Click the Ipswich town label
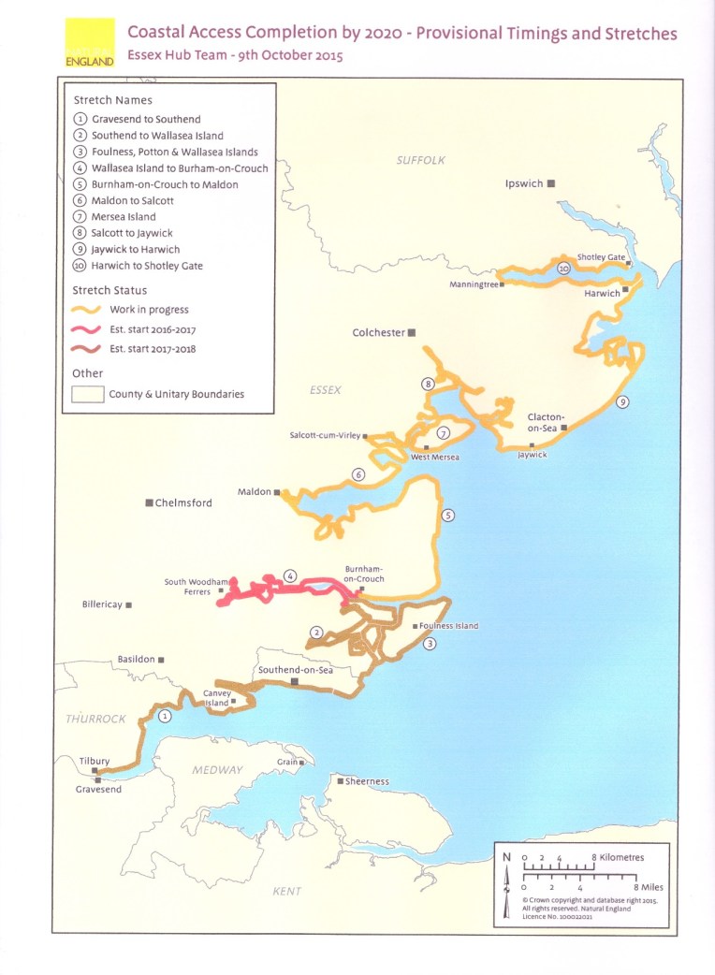pos(524,183)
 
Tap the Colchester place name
pos(378,332)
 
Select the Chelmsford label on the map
pos(183,502)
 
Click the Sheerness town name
pos(367,781)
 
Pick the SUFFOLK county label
pos(420,161)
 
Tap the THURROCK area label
pos(95,719)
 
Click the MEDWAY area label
pos(217,769)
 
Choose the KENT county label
pos(286,891)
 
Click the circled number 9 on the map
pos(622,402)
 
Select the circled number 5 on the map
pos(447,515)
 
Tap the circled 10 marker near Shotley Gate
pos(562,269)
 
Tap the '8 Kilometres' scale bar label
pos(617,856)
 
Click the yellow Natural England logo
pos(91,42)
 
